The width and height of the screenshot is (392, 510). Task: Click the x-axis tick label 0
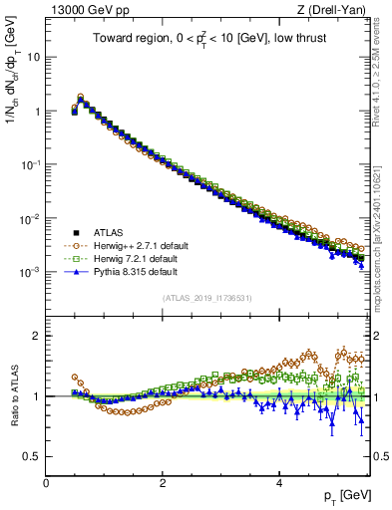point(46,483)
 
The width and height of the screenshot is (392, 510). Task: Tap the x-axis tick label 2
point(163,483)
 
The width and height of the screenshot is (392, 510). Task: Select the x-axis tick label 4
point(279,483)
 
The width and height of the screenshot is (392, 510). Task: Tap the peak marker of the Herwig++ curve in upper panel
point(81,97)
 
